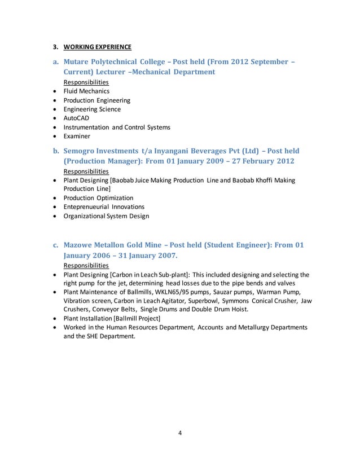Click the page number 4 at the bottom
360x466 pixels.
tap(179, 433)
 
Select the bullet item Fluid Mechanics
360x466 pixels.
tap(86, 91)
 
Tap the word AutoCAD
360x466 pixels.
tap(76, 118)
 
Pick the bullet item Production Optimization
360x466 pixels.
tap(98, 198)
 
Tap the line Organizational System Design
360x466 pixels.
tap(107, 216)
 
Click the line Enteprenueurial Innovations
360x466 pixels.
tap(104, 207)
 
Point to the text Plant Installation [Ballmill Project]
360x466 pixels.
tap(112, 319)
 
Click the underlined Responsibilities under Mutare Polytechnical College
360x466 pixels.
tap(86, 82)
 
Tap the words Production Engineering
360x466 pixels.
tap(96, 100)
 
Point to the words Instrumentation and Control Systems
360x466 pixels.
tap(117, 128)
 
